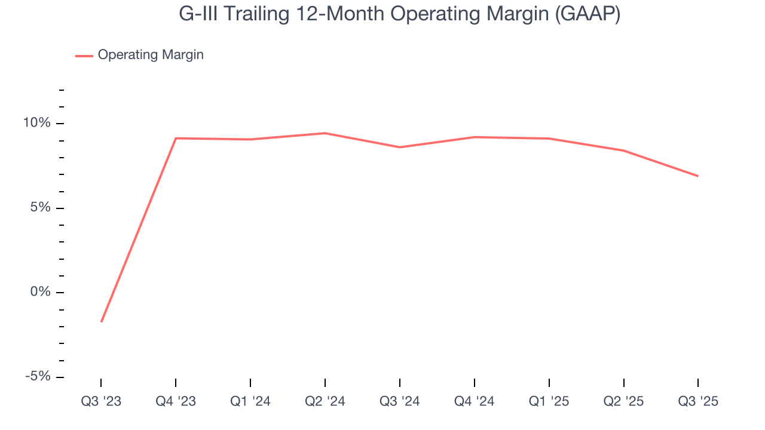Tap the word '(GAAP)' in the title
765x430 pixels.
tap(587, 14)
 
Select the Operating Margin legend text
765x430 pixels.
tap(151, 55)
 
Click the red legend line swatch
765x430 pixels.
tap(84, 56)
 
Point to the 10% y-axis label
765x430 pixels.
tap(37, 123)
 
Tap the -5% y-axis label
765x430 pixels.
tap(38, 377)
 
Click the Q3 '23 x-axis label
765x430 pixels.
tap(101, 401)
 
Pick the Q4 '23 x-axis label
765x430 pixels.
tap(176, 401)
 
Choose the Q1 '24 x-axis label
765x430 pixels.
tap(250, 401)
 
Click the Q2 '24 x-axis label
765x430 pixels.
tap(325, 401)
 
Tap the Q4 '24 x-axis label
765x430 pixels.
tap(474, 401)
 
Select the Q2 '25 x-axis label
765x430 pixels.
tap(623, 401)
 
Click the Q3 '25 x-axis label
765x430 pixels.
tap(698, 401)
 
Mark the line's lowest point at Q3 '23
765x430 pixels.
tap(102, 321)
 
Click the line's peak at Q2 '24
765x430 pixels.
tap(325, 133)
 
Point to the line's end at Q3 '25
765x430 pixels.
tap(697, 176)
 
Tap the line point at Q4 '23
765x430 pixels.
tap(176, 138)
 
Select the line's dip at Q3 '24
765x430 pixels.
tap(399, 147)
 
